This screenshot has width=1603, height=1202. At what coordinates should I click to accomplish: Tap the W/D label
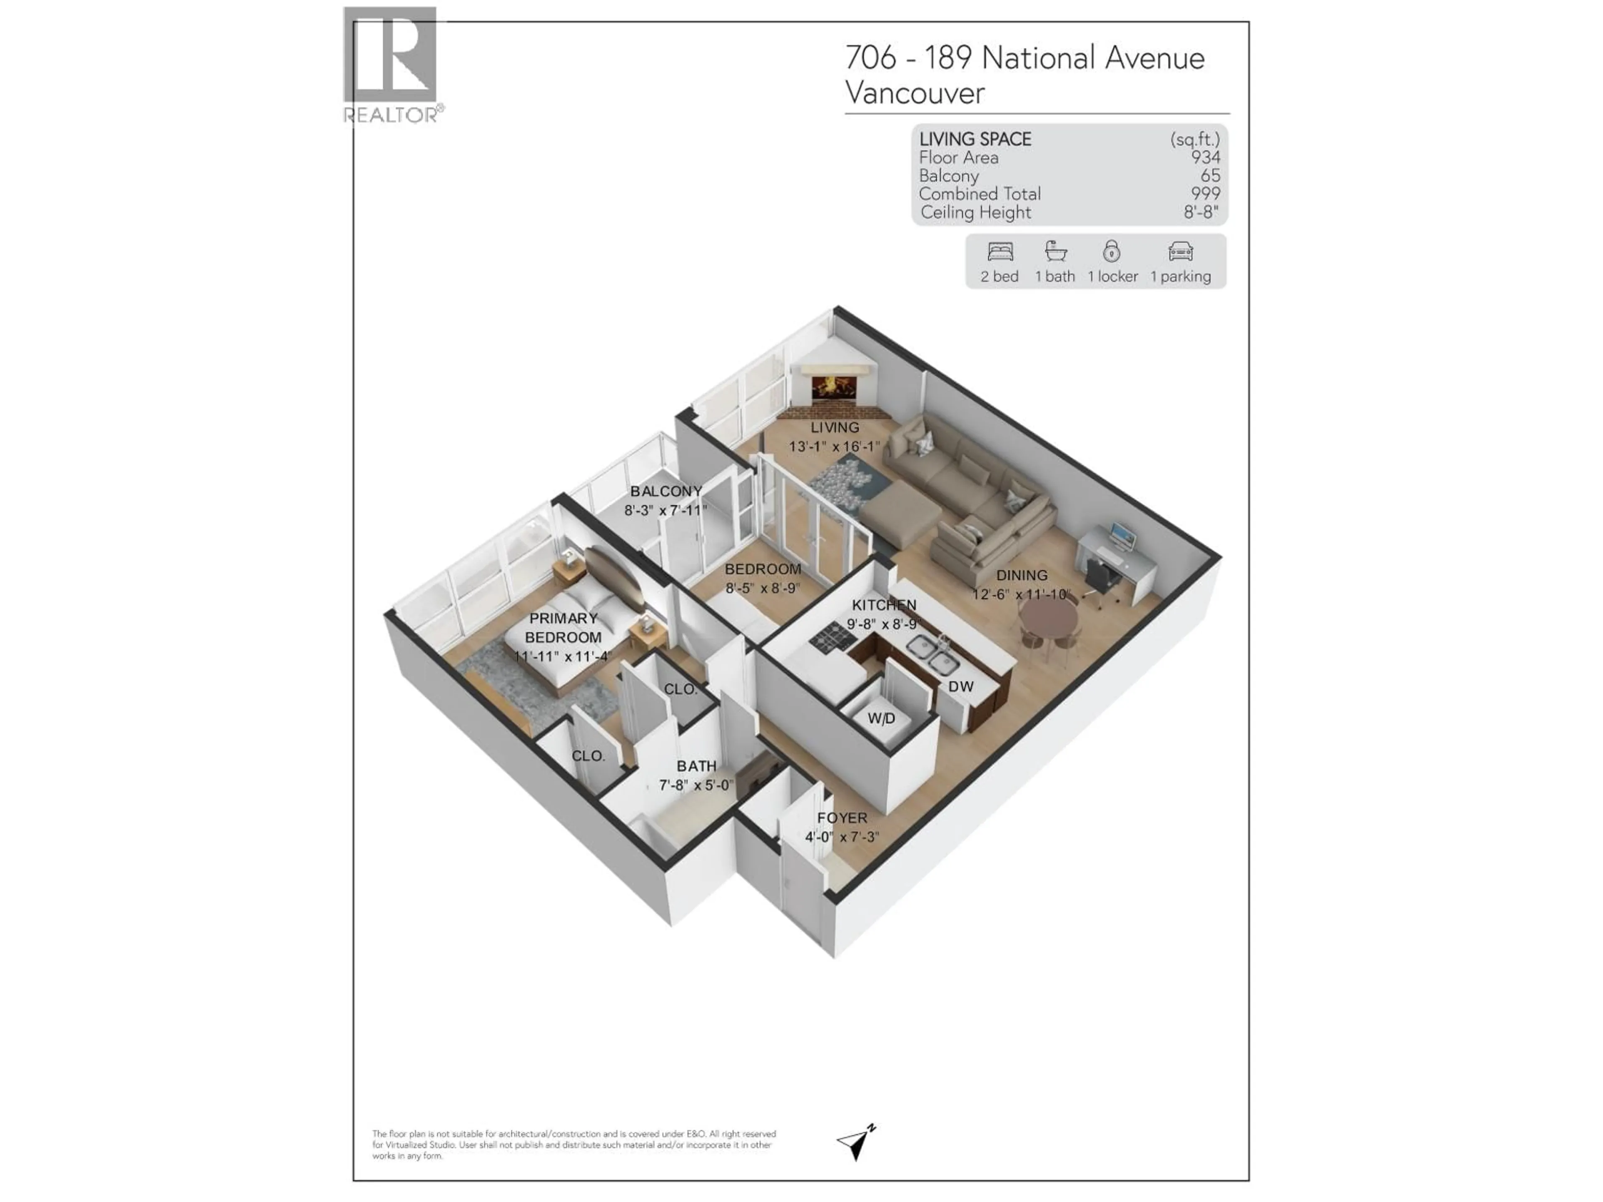(x=881, y=718)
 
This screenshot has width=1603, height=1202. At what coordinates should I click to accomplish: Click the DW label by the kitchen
(x=961, y=686)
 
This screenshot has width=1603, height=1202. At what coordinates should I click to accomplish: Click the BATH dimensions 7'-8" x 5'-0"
(x=696, y=785)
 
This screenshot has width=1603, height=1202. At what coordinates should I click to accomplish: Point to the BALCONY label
(x=666, y=491)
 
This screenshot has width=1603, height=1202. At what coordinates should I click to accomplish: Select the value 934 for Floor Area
(x=1205, y=157)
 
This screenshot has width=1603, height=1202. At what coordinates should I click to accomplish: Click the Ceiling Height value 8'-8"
(x=1201, y=212)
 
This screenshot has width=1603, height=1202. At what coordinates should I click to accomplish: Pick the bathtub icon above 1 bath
(x=1055, y=251)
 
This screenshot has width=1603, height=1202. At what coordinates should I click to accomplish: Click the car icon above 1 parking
(x=1181, y=251)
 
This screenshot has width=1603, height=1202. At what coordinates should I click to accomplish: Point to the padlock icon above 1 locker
(x=1112, y=251)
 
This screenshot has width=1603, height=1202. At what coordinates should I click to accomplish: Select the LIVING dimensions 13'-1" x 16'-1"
(x=834, y=446)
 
